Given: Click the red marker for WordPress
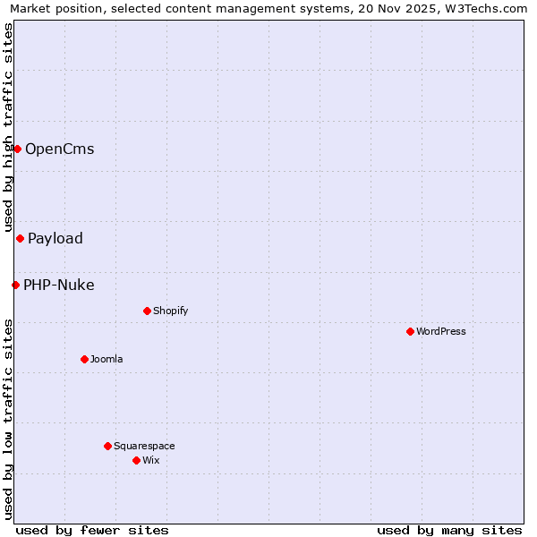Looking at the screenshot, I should point(410,331).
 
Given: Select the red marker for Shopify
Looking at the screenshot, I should point(147,311).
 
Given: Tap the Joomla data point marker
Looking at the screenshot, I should point(84,359).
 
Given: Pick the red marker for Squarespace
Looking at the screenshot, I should point(107,446).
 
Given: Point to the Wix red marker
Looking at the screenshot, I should point(136,460).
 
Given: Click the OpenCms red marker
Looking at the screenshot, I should point(17,149).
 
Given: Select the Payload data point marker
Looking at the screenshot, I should point(20,238).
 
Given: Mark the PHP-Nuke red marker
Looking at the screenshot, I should point(15,285).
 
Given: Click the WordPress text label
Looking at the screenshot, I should point(441,331).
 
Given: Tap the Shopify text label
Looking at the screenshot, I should point(170,311).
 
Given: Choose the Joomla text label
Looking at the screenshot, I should point(107,359).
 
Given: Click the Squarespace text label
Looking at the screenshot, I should point(144,446).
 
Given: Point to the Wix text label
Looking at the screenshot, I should point(151,460).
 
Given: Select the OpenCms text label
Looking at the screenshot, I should point(59,149).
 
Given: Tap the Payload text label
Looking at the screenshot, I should point(55,238).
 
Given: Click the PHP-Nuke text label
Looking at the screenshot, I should point(59,285).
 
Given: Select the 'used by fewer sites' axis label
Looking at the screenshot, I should point(92,530).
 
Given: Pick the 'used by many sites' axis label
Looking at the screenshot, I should point(449,530).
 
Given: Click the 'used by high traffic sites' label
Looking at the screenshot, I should point(9,129).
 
